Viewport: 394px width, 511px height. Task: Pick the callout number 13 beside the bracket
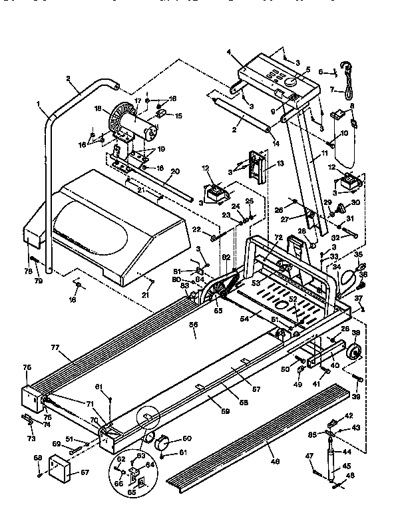pyautogui.click(x=281, y=163)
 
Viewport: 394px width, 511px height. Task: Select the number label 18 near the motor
pyautogui.click(x=98, y=108)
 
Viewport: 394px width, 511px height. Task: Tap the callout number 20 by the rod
pyautogui.click(x=174, y=171)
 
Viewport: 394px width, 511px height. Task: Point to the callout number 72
pyautogui.click(x=278, y=238)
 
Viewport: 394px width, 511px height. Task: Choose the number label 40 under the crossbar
pyautogui.click(x=335, y=365)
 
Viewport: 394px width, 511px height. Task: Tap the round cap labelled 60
pyautogui.click(x=162, y=440)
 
